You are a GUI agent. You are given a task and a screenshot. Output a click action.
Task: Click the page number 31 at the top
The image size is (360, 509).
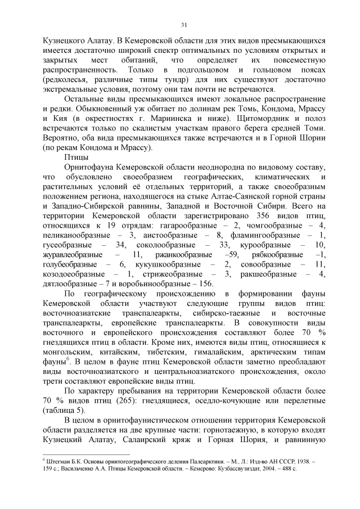[x=183, y=24]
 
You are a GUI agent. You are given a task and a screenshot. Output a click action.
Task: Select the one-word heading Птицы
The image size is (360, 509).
[x=76, y=156]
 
